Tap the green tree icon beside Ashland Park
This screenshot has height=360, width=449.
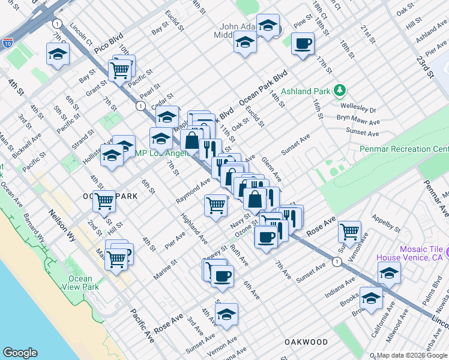[x=340, y=91]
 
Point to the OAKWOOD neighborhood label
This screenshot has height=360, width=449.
[x=306, y=342]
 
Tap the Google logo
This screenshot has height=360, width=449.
[x=20, y=353]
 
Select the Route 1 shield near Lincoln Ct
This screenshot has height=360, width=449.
[x=57, y=23]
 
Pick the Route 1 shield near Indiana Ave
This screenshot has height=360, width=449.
[x=337, y=261]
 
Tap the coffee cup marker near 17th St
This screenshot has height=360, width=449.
[x=303, y=43]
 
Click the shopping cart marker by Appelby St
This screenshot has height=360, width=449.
[x=349, y=231]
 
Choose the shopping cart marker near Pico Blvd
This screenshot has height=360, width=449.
[x=120, y=70]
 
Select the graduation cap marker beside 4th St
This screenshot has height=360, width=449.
[x=58, y=54]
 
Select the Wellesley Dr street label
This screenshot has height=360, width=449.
[x=364, y=110]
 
